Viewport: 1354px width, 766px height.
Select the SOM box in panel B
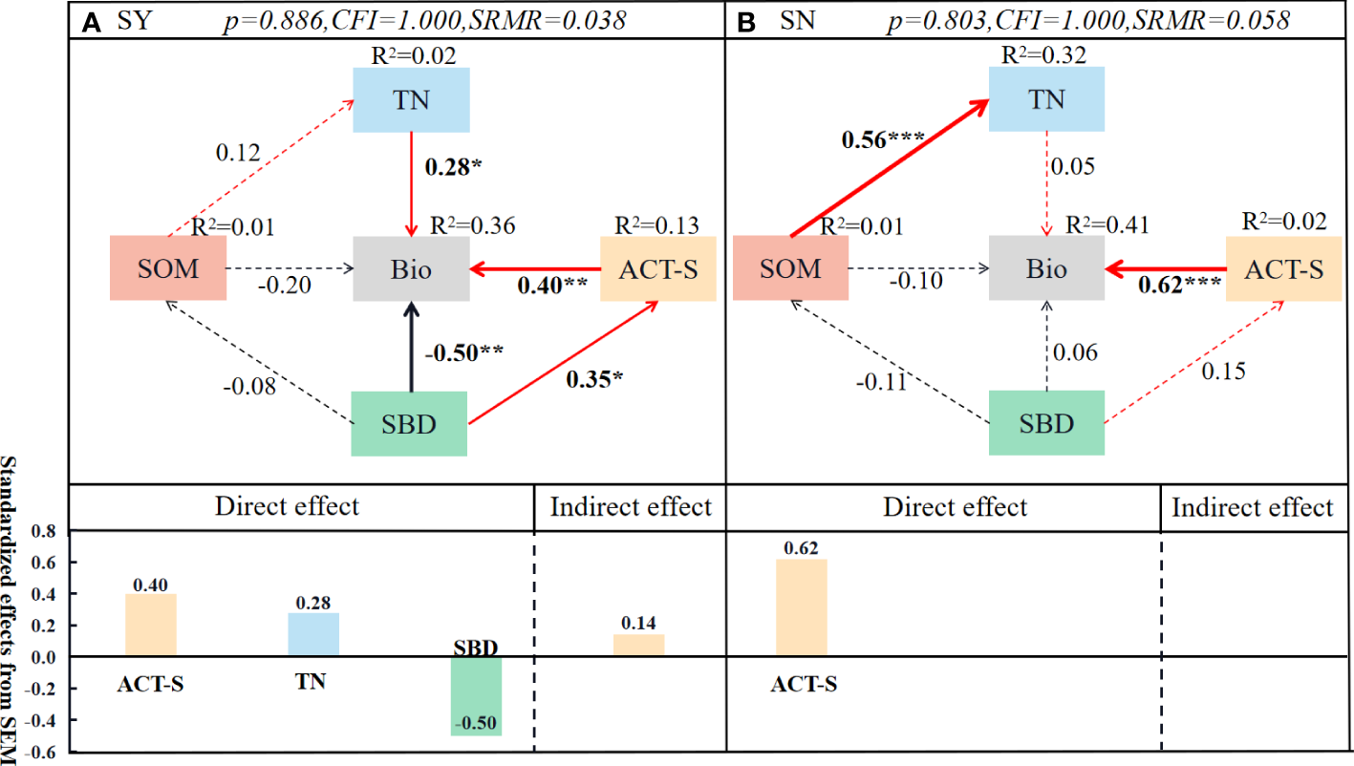[x=789, y=268]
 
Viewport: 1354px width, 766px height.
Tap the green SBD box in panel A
[x=409, y=423]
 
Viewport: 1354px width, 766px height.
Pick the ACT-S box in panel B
[x=1283, y=268]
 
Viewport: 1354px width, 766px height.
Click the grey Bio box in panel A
[x=411, y=269]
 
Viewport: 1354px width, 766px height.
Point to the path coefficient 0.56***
[x=882, y=139]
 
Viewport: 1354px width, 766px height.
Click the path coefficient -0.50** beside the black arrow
[x=463, y=351]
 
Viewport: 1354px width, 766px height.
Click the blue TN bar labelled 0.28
[x=313, y=634]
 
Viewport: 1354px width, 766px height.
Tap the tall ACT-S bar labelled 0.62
[x=801, y=607]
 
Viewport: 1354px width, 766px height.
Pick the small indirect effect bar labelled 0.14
[x=638, y=646]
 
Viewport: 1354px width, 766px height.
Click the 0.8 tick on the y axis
[x=44, y=532]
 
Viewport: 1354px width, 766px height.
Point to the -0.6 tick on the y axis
[x=40, y=752]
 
